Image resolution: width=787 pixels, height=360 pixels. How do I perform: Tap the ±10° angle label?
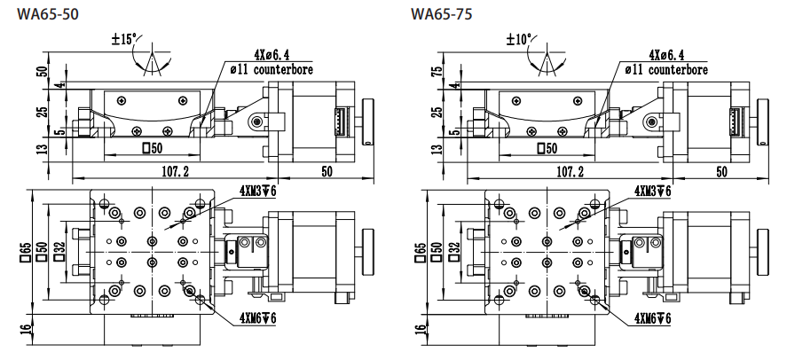click(519, 39)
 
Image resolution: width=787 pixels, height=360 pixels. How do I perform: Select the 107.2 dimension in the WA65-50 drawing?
click(173, 170)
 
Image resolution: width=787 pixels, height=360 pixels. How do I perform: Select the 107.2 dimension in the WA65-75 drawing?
click(569, 170)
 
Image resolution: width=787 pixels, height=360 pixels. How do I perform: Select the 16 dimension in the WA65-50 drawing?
click(24, 333)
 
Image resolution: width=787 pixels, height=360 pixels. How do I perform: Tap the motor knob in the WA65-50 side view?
click(366, 121)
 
